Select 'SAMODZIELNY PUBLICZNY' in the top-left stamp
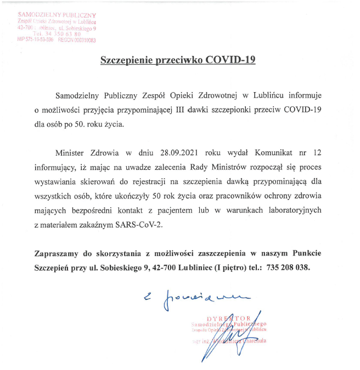(x=57, y=14)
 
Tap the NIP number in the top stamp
(x=36, y=39)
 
